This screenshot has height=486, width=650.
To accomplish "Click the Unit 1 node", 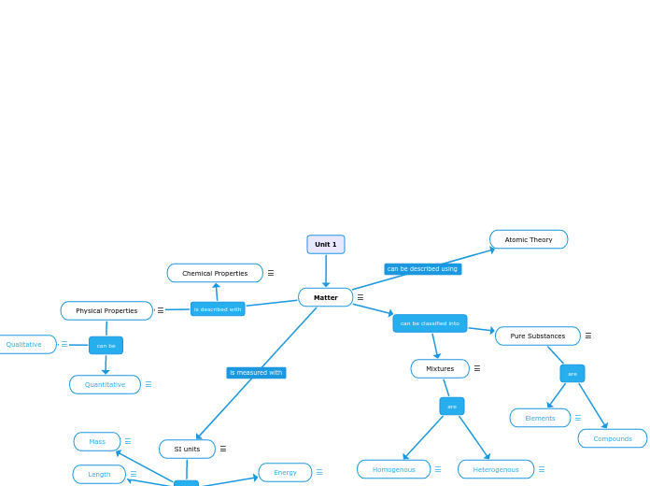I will [x=325, y=244].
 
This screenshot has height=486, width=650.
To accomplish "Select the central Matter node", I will [x=325, y=297].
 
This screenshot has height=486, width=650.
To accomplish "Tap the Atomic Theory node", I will [x=528, y=239].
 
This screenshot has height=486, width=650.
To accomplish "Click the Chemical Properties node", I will [x=215, y=273].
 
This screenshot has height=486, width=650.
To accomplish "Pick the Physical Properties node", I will [x=106, y=310].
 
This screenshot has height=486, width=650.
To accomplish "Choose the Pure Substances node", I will [x=537, y=336].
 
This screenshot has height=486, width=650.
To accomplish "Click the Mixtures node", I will [x=440, y=368].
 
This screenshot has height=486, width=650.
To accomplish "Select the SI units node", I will [x=187, y=449].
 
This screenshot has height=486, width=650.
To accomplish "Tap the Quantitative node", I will [x=105, y=384].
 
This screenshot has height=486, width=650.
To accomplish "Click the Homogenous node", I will [x=393, y=469].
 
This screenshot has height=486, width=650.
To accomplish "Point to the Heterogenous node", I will [x=495, y=469].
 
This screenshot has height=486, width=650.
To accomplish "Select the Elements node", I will [x=540, y=418].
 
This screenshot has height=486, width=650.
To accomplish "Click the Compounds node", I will [x=612, y=438].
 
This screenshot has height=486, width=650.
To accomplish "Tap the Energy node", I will [x=285, y=472].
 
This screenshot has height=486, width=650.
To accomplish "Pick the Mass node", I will [x=97, y=441].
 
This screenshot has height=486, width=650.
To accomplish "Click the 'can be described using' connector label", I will [x=422, y=269].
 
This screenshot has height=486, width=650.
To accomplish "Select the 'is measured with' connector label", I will [x=256, y=373].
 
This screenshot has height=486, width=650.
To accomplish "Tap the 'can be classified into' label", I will [x=430, y=323].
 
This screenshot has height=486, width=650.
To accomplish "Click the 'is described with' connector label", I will [x=218, y=309].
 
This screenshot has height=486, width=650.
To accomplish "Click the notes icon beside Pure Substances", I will [x=588, y=336].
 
